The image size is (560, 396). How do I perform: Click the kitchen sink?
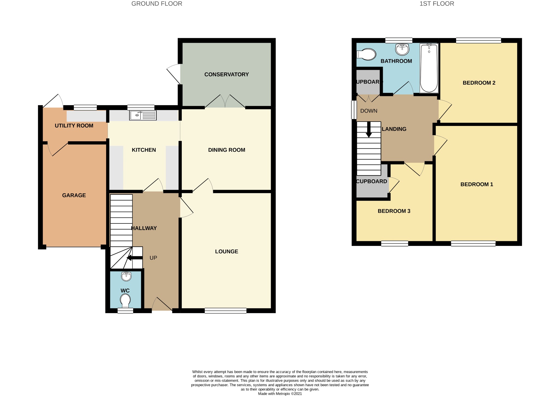coord(143,115)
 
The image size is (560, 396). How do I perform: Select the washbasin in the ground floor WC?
coord(126,276)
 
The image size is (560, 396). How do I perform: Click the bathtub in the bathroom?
coord(429,68)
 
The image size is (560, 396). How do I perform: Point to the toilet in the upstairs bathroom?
coord(366,54)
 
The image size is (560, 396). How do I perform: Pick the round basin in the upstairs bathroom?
coord(402,49)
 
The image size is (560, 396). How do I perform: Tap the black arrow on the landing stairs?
coord(369,129)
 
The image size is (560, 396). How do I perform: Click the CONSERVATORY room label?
coord(226,74)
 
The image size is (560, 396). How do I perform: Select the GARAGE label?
coord(74,195)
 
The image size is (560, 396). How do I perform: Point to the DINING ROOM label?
coord(226,150)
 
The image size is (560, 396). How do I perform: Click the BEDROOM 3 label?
coord(394,211)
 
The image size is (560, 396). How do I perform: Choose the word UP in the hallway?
coord(153,258)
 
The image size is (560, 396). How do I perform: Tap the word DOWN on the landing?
coord(369,111)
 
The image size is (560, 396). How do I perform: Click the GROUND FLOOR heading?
coord(157,4)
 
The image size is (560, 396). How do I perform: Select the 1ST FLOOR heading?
coord(437,4)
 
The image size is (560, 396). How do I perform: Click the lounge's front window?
coord(226,311)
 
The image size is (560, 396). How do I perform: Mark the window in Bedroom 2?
coord(479,41)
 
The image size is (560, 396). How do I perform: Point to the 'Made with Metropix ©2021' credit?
coord(280,394)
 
